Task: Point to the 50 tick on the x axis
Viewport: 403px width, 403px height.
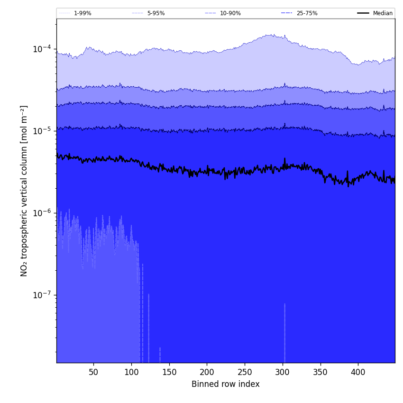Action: [x=93, y=372]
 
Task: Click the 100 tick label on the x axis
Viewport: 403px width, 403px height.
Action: [x=131, y=372]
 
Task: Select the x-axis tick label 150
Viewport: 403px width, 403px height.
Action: [x=169, y=372]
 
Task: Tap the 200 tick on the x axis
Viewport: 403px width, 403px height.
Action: [x=207, y=372]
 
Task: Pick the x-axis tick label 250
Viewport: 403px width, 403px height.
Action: [x=245, y=372]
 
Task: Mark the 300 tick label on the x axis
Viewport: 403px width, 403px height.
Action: [x=283, y=372]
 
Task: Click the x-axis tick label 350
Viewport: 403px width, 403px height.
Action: [x=320, y=372]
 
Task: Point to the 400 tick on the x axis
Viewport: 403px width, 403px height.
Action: [x=358, y=372]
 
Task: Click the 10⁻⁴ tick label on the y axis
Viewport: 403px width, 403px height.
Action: [x=42, y=49]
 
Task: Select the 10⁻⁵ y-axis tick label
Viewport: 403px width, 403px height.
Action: [x=42, y=131]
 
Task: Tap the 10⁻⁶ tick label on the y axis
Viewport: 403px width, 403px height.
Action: [x=42, y=213]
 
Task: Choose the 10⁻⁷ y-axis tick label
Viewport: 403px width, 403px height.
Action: [x=42, y=295]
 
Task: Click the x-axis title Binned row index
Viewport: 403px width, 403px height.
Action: [x=226, y=384]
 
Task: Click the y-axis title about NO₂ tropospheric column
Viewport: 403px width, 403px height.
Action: [x=24, y=191]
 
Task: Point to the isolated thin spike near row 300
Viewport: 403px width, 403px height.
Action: [x=284, y=332]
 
